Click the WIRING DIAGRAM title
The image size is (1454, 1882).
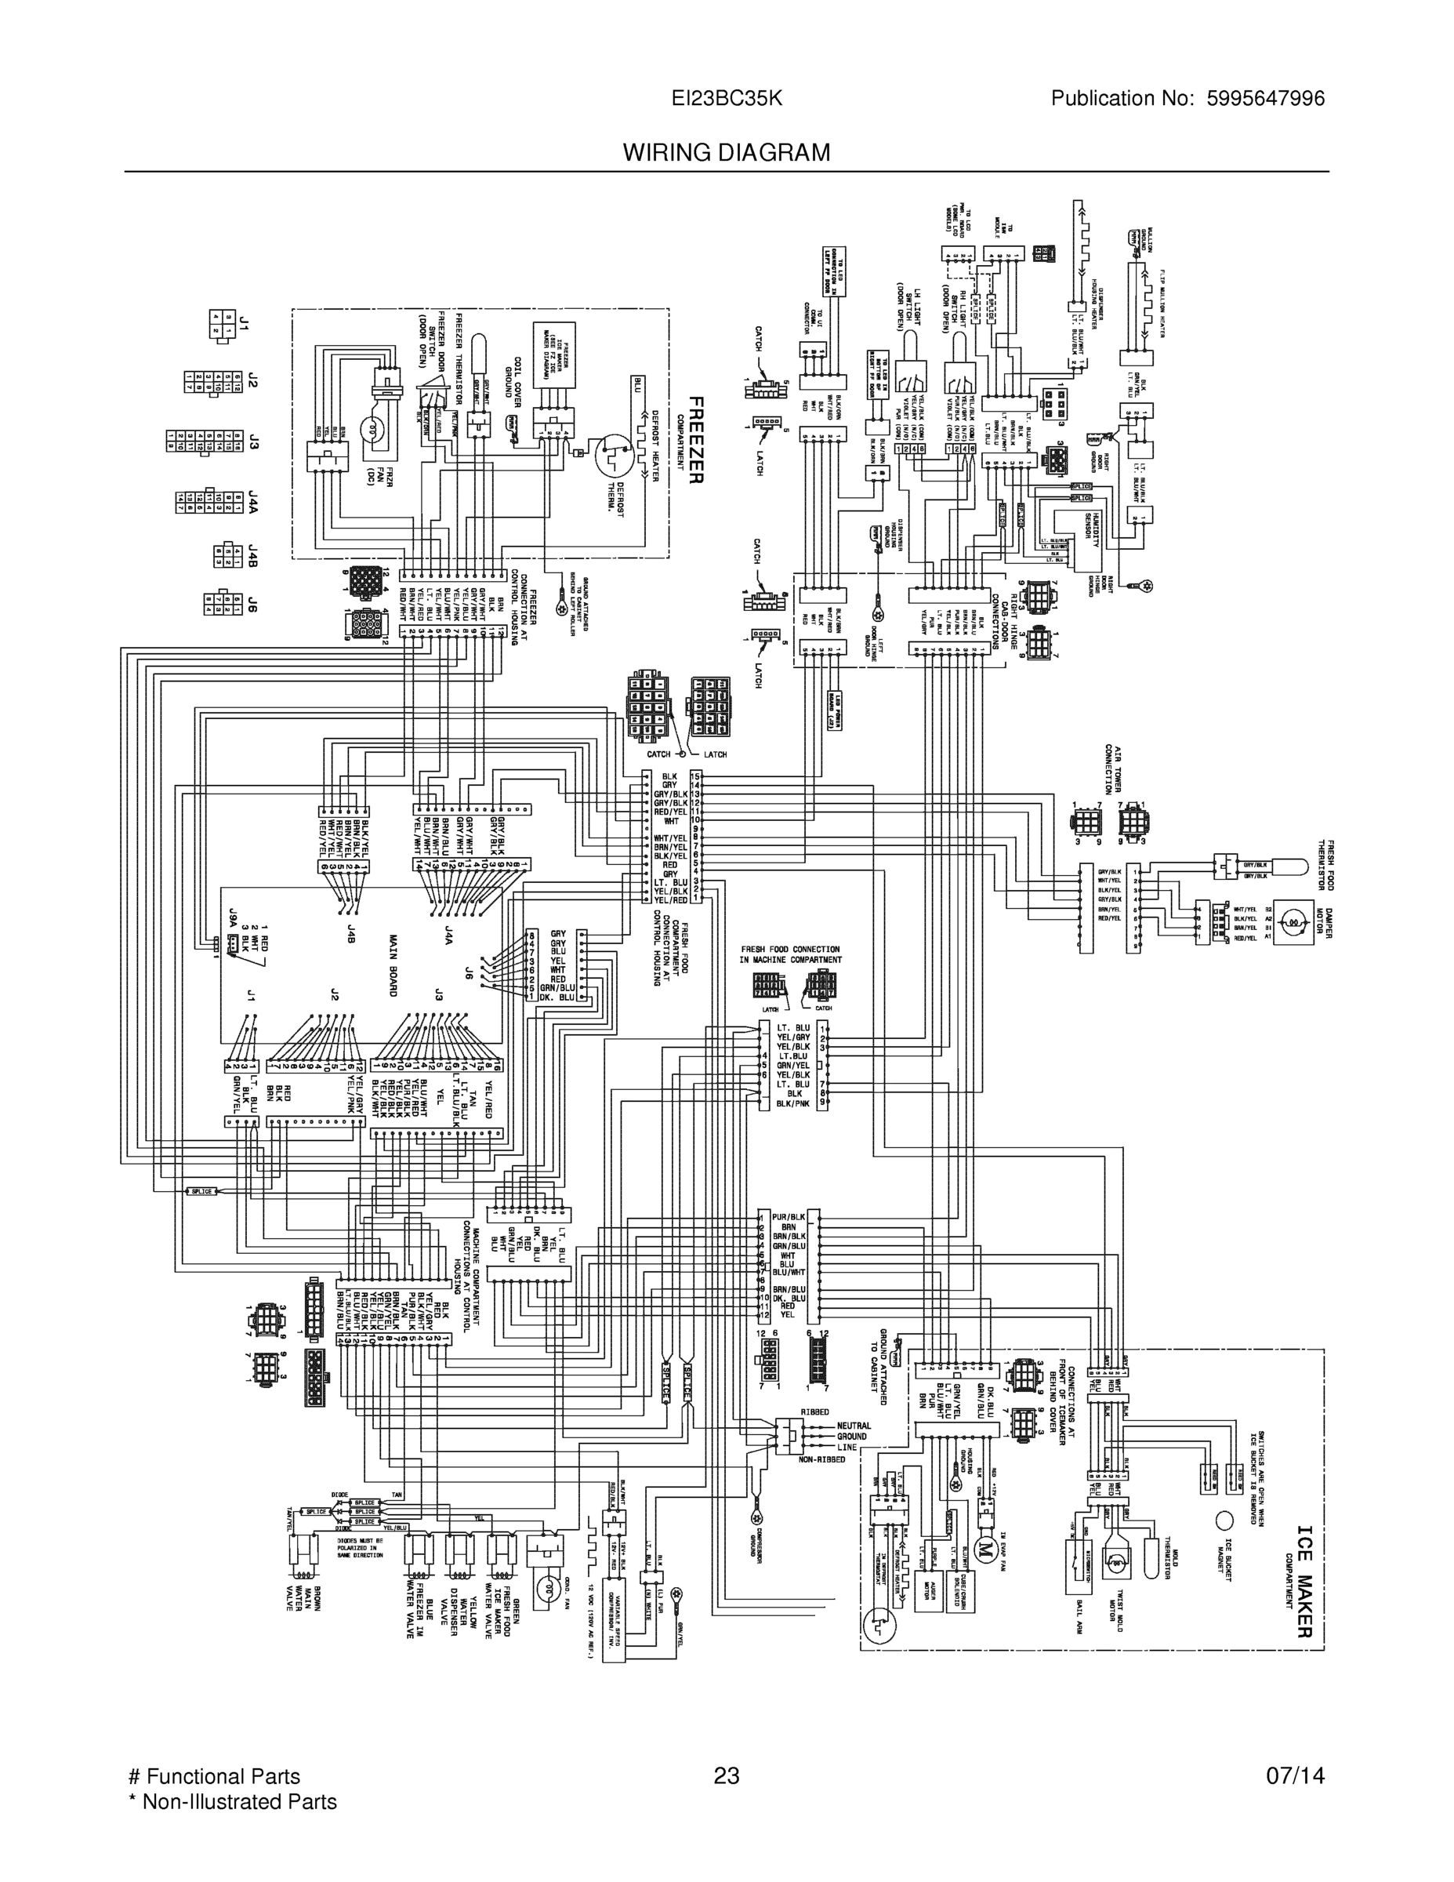click(726, 153)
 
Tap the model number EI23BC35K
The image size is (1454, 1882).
click(726, 98)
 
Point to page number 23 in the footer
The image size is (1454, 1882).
click(726, 1776)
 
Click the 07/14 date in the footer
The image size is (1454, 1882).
click(1295, 1776)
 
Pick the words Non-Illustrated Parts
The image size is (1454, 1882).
click(240, 1802)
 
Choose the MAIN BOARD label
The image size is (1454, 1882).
click(393, 965)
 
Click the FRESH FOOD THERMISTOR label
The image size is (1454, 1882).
click(1325, 864)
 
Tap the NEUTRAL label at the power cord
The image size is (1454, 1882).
click(854, 1426)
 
